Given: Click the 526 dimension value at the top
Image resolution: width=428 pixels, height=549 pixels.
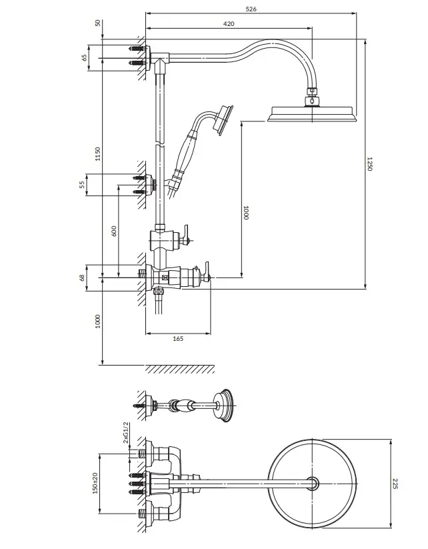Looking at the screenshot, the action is click(251, 9).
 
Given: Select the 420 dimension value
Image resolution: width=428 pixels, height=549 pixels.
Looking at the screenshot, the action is click(229, 24).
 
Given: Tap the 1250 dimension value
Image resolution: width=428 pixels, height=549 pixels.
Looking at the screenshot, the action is click(370, 164).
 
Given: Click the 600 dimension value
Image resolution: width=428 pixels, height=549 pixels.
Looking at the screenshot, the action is click(113, 231).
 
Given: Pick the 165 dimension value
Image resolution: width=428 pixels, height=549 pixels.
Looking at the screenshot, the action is click(178, 339).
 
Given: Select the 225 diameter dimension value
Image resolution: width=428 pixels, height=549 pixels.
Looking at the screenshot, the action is click(395, 484).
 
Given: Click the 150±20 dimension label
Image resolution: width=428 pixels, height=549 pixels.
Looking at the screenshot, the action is click(95, 483).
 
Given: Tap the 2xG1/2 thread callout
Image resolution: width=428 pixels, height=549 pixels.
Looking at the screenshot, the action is click(127, 433).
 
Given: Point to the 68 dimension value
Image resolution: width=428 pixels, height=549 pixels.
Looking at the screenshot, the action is click(83, 278).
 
